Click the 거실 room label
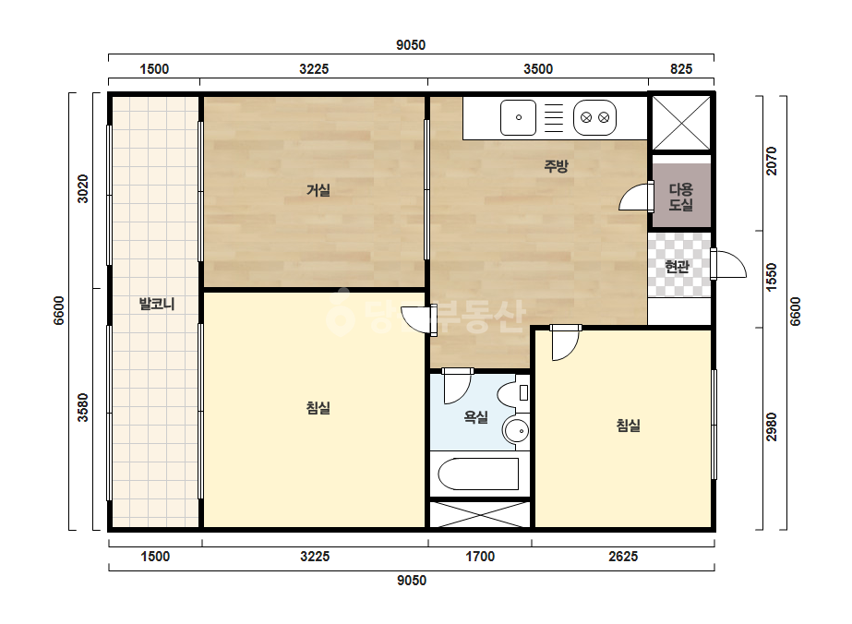point(318,190)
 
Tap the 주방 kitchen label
point(556,166)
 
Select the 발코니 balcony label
point(157,304)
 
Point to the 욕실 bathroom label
point(475,417)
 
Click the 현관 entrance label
point(677,267)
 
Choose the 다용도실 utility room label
point(681,197)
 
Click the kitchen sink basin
point(519,117)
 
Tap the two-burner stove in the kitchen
point(595,117)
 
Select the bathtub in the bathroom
point(478,474)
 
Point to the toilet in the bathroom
point(513,393)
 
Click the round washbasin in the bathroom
point(516,431)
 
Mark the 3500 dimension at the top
point(538,69)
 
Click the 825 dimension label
point(681,69)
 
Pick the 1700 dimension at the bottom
point(480,557)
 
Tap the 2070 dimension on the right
point(772,161)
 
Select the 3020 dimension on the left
point(82,188)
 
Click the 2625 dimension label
point(623,557)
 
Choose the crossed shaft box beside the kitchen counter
point(681,123)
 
